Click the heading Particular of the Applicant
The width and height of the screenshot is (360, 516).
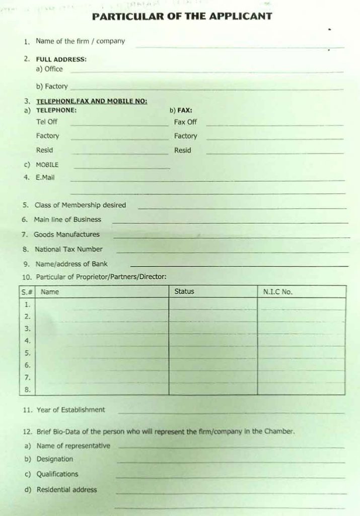click(182, 16)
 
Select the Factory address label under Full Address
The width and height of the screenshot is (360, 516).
click(56, 87)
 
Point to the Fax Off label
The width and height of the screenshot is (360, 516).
click(185, 122)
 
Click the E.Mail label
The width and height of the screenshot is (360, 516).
click(45, 177)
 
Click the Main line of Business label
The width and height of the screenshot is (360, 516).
click(67, 220)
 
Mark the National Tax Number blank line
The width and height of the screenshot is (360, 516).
click(232, 252)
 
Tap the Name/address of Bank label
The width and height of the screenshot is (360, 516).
click(71, 264)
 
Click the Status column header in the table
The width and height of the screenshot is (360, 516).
click(184, 291)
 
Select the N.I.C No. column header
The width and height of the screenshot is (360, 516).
click(277, 292)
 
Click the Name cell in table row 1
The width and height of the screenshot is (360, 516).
click(108, 304)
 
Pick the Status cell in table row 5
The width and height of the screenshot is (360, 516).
click(212, 353)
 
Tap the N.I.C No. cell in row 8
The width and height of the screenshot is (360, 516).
click(301, 389)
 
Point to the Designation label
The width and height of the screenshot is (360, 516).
click(54, 459)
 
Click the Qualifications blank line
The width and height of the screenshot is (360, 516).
click(230, 477)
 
